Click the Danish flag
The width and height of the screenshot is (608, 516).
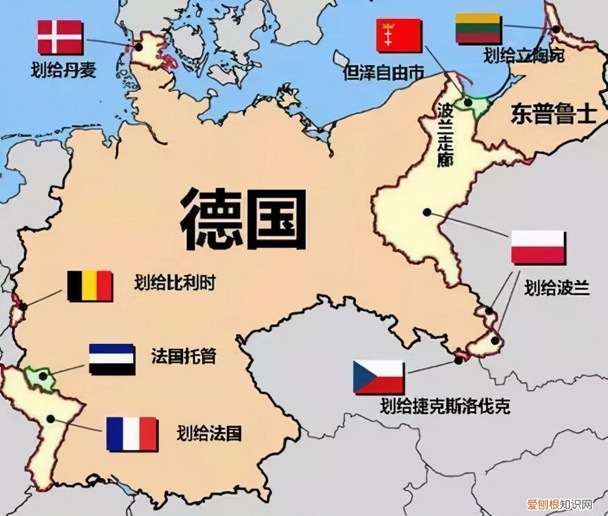[x=60, y=37]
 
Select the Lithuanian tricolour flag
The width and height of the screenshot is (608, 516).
[x=478, y=29]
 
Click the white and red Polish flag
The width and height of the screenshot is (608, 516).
[x=538, y=247]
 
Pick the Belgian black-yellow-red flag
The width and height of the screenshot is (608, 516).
[x=89, y=286]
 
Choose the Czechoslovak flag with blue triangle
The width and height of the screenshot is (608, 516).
[x=379, y=377]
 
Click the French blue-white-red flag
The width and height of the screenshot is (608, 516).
[x=132, y=433]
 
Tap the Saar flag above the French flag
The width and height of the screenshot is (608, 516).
[x=112, y=359]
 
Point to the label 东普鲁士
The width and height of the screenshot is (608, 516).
[x=553, y=113]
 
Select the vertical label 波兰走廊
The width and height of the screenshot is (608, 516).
[x=446, y=134]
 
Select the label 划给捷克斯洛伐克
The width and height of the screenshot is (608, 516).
[x=444, y=406]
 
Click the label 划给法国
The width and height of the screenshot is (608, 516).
[x=209, y=433]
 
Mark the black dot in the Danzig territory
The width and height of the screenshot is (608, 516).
[x=468, y=103]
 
